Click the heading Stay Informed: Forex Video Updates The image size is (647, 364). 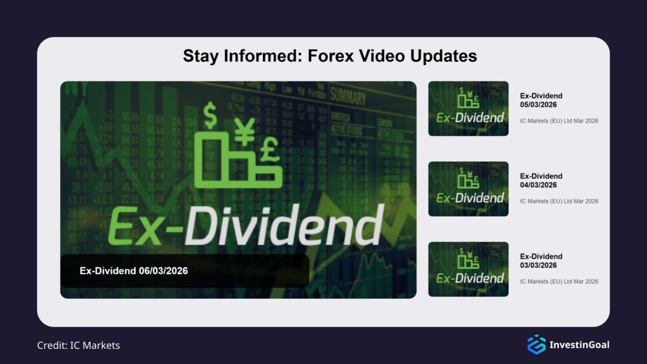click(x=329, y=56)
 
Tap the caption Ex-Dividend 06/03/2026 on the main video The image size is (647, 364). click(x=133, y=270)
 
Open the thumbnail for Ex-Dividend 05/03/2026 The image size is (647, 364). click(x=468, y=108)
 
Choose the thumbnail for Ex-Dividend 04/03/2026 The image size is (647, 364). click(x=468, y=188)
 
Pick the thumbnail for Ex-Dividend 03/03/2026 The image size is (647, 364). click(x=468, y=269)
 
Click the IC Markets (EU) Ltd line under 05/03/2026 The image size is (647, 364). click(x=559, y=121)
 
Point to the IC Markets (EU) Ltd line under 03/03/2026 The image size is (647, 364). click(x=559, y=281)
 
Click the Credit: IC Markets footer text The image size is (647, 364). click(x=78, y=345)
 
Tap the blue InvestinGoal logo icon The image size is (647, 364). click(x=536, y=344)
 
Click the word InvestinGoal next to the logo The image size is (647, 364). click(x=579, y=344)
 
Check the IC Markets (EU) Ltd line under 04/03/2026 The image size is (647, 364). click(x=559, y=201)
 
